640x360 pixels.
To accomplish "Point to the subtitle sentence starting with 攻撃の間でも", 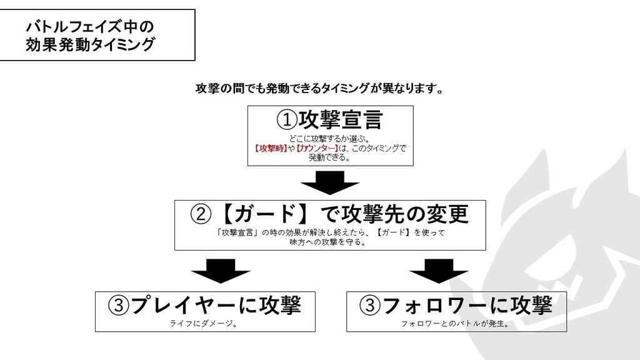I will coord(320,88).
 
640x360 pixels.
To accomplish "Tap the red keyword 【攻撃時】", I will coord(271,148).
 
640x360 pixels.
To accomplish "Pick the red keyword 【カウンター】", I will coord(316,148).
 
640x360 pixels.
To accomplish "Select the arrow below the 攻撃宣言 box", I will coord(329,183).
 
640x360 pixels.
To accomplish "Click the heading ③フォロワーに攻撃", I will coord(456,306).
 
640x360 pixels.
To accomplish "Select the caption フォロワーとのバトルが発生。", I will coord(456,324).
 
